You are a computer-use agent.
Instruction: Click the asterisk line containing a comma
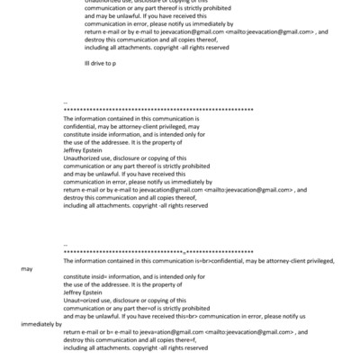(x=158, y=252)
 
